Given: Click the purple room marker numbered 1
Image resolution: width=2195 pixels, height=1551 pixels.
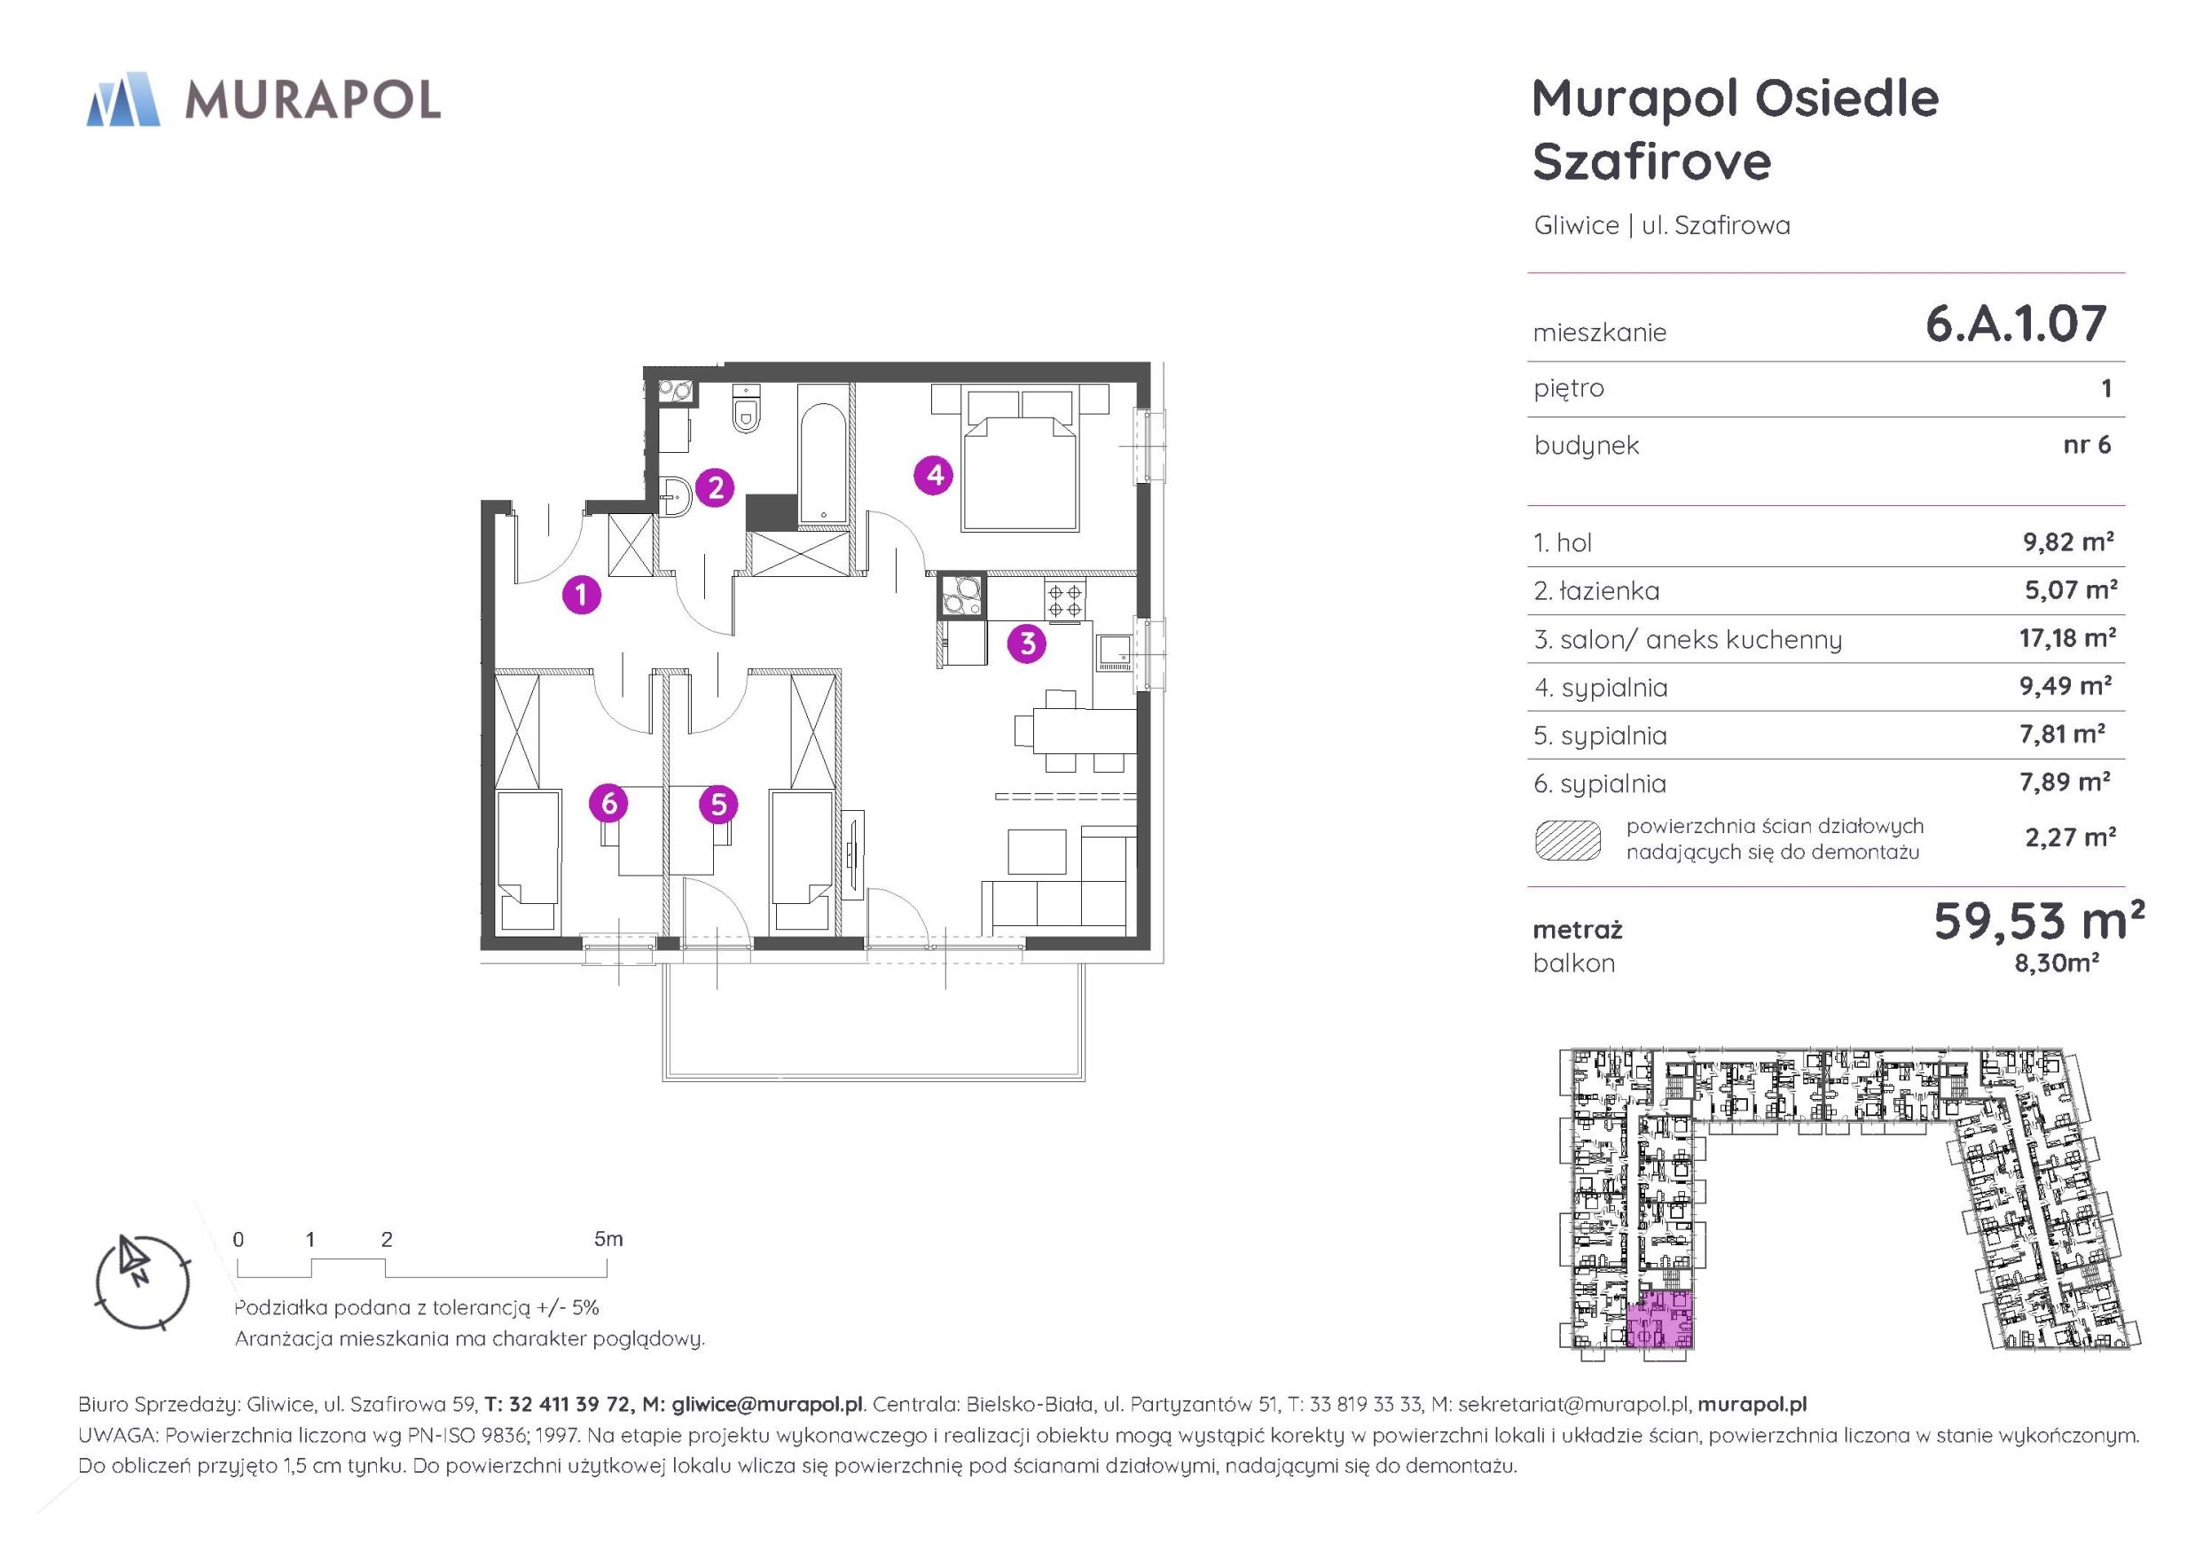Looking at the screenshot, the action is click(x=581, y=595).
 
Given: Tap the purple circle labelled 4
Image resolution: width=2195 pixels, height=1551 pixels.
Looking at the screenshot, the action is click(x=934, y=475).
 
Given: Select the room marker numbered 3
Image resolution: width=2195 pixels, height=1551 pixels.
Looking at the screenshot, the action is click(x=1027, y=643).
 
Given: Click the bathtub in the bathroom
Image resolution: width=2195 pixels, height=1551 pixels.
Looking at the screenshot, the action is click(x=822, y=464).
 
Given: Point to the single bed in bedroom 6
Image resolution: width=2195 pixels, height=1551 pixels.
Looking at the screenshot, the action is click(x=527, y=859).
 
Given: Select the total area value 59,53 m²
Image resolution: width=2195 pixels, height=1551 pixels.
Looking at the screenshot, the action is click(x=2038, y=920).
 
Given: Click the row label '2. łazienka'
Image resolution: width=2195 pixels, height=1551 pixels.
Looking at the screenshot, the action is click(x=1596, y=591).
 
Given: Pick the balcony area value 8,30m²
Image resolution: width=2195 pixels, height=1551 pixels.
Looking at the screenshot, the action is click(x=2057, y=963).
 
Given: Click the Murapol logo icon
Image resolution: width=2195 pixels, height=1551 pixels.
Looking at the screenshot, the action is click(x=123, y=99).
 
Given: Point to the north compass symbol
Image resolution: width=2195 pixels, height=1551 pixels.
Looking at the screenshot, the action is click(x=143, y=1282).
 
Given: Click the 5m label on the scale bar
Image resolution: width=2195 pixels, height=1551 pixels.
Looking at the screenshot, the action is click(x=608, y=1238).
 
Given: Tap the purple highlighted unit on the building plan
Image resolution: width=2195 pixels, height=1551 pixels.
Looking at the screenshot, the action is click(x=1659, y=1320).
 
